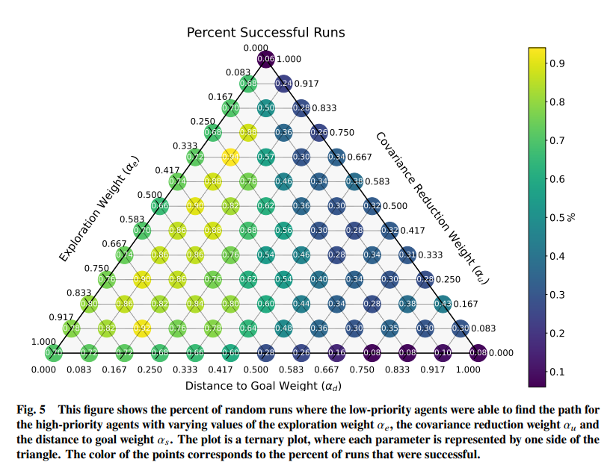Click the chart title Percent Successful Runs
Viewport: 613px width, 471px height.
pyautogui.click(x=265, y=32)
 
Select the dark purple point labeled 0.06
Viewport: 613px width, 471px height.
pyautogui.click(x=265, y=59)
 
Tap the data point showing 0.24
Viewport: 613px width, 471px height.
pyautogui.click(x=283, y=84)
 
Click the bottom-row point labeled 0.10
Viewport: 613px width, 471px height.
pyautogui.click(x=443, y=352)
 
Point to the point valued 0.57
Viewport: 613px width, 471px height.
pyautogui.click(x=265, y=157)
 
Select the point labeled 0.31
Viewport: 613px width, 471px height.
pyautogui.click(x=407, y=255)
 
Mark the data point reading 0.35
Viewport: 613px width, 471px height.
pyautogui.click(x=389, y=328)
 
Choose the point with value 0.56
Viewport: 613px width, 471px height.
pyautogui.click(x=283, y=230)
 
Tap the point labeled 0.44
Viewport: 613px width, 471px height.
pyautogui.click(x=301, y=304)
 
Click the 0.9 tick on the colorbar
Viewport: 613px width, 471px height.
pyautogui.click(x=556, y=63)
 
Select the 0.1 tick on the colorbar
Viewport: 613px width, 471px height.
pyautogui.click(x=556, y=372)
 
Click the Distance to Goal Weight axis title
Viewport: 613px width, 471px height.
pyautogui.click(x=265, y=385)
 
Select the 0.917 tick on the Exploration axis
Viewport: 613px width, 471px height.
pyautogui.click(x=61, y=317)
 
